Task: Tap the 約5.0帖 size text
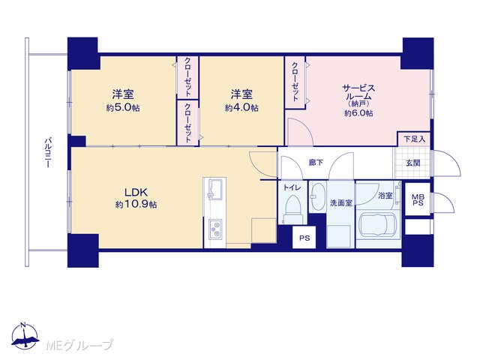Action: [123, 108]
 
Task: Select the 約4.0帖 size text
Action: [241, 108]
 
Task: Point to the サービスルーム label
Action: [358, 92]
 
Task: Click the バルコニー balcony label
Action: [47, 152]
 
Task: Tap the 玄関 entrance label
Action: [412, 163]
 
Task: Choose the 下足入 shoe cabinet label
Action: [415, 139]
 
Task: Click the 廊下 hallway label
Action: [316, 162]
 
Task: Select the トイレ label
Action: [292, 187]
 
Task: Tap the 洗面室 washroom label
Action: [340, 202]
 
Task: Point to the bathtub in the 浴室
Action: [378, 226]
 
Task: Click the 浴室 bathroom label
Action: [385, 195]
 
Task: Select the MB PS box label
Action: [418, 199]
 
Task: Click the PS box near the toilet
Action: [304, 238]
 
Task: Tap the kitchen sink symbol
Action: [215, 189]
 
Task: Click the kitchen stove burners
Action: [216, 229]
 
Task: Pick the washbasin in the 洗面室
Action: [317, 196]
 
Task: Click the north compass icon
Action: [25, 336]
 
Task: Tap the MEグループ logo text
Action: [80, 345]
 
